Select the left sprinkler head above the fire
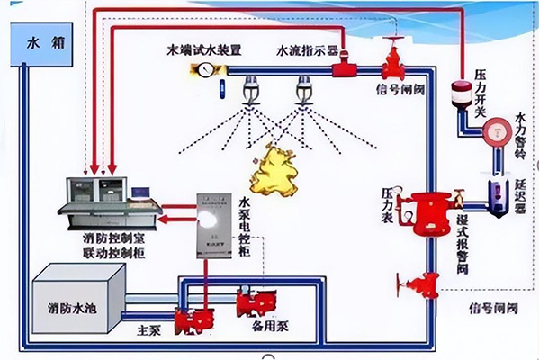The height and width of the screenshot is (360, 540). pos(249,91)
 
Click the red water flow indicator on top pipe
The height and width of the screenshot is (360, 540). pos(343,67)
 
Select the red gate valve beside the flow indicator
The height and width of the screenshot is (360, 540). pos(393,61)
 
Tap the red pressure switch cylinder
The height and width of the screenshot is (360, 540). pos(463,94)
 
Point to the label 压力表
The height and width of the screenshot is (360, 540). pos(388,204)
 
